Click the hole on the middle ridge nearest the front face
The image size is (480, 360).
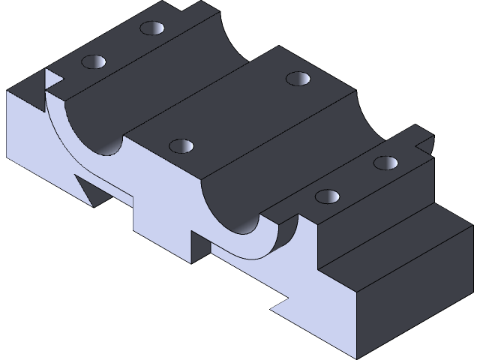181,145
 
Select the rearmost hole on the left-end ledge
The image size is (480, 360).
152,28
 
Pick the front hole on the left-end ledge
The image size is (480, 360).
93,61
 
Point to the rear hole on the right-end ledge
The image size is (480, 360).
386,162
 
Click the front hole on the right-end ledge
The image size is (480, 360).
327,196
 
